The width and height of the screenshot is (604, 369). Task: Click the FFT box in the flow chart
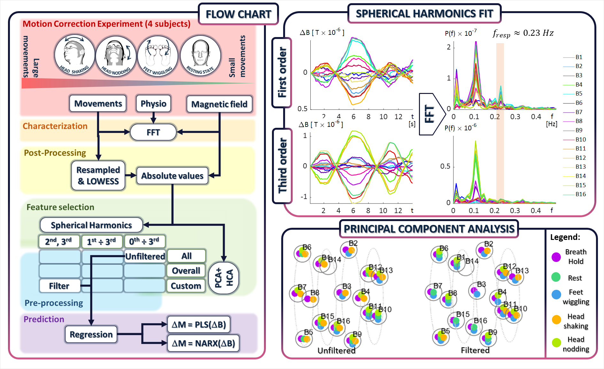coord(153,132)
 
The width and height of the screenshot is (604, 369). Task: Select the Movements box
coord(98,104)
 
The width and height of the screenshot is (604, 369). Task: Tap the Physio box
coord(153,104)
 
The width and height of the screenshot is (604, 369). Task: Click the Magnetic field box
coord(219,104)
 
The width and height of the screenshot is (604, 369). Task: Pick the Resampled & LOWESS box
coord(98,175)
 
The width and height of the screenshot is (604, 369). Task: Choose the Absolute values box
coord(172,176)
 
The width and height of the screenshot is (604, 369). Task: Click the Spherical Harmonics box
coord(91,225)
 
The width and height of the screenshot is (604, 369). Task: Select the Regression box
coord(91,334)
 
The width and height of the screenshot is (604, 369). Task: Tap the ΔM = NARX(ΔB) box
coord(203,343)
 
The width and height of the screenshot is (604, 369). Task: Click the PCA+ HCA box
coord(224,278)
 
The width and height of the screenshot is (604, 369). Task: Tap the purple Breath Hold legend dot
coord(556,257)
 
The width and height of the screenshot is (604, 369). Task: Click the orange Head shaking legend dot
coord(556,319)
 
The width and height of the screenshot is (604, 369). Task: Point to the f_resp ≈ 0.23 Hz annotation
coord(523,33)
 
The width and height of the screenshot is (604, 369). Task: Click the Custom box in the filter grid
coord(186,286)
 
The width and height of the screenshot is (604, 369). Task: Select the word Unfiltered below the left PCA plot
coord(336,350)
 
